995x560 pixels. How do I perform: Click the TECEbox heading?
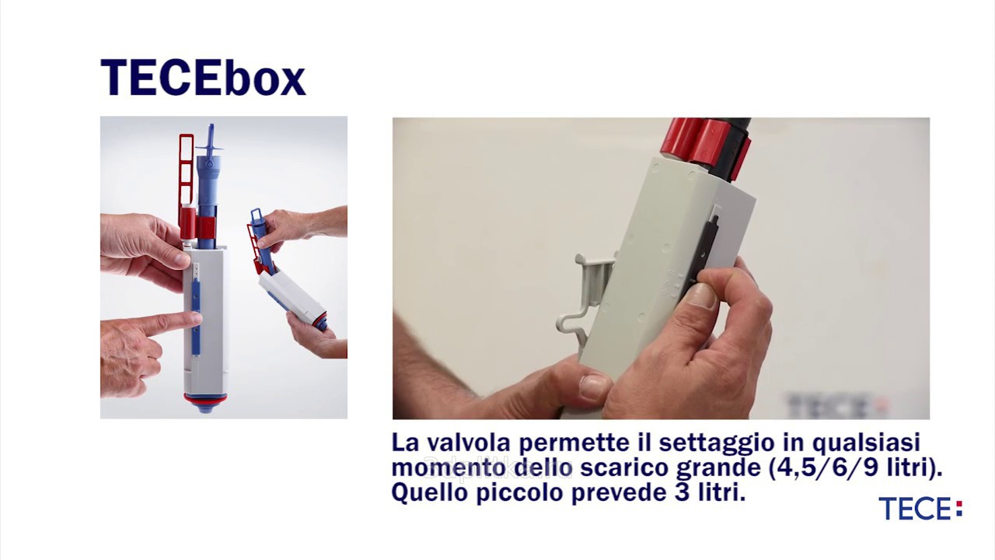(203, 77)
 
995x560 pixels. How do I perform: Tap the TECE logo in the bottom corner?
(920, 509)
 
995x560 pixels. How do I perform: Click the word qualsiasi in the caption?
(866, 443)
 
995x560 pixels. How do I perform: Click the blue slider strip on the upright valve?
(195, 317)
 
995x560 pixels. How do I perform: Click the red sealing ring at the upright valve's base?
(206, 399)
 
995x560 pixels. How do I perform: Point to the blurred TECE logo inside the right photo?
(835, 404)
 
